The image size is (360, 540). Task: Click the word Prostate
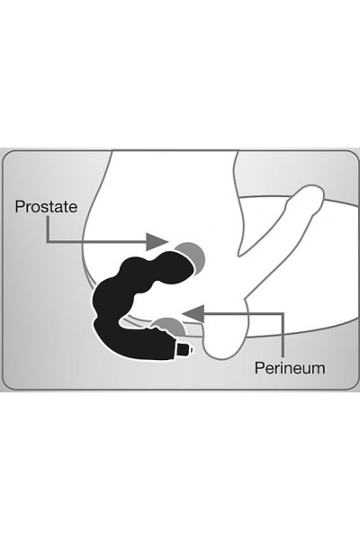pos(46,206)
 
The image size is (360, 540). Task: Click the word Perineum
pos(290,368)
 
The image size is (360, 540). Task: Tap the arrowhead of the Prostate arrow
pos(157,242)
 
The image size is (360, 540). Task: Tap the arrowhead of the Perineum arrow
pos(193,313)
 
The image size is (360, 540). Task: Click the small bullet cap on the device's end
pos(185,349)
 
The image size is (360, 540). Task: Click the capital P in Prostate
pos(19,206)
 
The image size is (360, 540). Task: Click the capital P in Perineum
pos(259,368)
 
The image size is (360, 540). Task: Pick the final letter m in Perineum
pos(319,370)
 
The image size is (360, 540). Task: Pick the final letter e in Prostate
pos(74,208)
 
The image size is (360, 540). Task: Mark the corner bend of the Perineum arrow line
pos(283,314)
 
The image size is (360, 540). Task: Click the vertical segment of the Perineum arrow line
pos(283,335)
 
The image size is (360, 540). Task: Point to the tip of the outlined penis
pos(311,196)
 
